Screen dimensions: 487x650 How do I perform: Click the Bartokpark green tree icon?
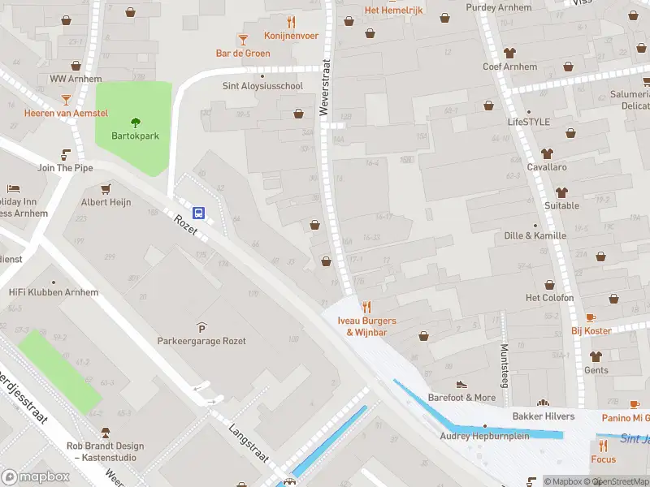pyautogui.click(x=135, y=123)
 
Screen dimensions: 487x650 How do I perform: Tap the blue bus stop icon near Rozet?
pyautogui.click(x=198, y=213)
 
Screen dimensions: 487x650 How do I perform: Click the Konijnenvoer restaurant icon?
pyautogui.click(x=291, y=22)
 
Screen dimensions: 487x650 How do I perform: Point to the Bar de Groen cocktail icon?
pyautogui.click(x=242, y=39)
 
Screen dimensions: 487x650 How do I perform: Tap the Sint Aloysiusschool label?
pyautogui.click(x=262, y=85)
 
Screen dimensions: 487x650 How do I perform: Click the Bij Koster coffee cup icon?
pyautogui.click(x=591, y=317)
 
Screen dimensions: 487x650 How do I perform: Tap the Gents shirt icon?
pyautogui.click(x=596, y=356)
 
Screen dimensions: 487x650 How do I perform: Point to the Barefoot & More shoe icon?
pyautogui.click(x=461, y=384)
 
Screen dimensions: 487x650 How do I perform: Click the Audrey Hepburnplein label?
pyautogui.click(x=485, y=436)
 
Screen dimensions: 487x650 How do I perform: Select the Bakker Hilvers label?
pyautogui.click(x=543, y=416)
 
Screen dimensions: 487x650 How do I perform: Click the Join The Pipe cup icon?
pyautogui.click(x=66, y=153)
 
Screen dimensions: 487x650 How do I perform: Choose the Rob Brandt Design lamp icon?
pyautogui.click(x=105, y=432)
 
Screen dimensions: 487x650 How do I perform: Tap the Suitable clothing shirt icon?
pyautogui.click(x=561, y=192)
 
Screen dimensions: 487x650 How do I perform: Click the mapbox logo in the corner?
pyautogui.click(x=36, y=476)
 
